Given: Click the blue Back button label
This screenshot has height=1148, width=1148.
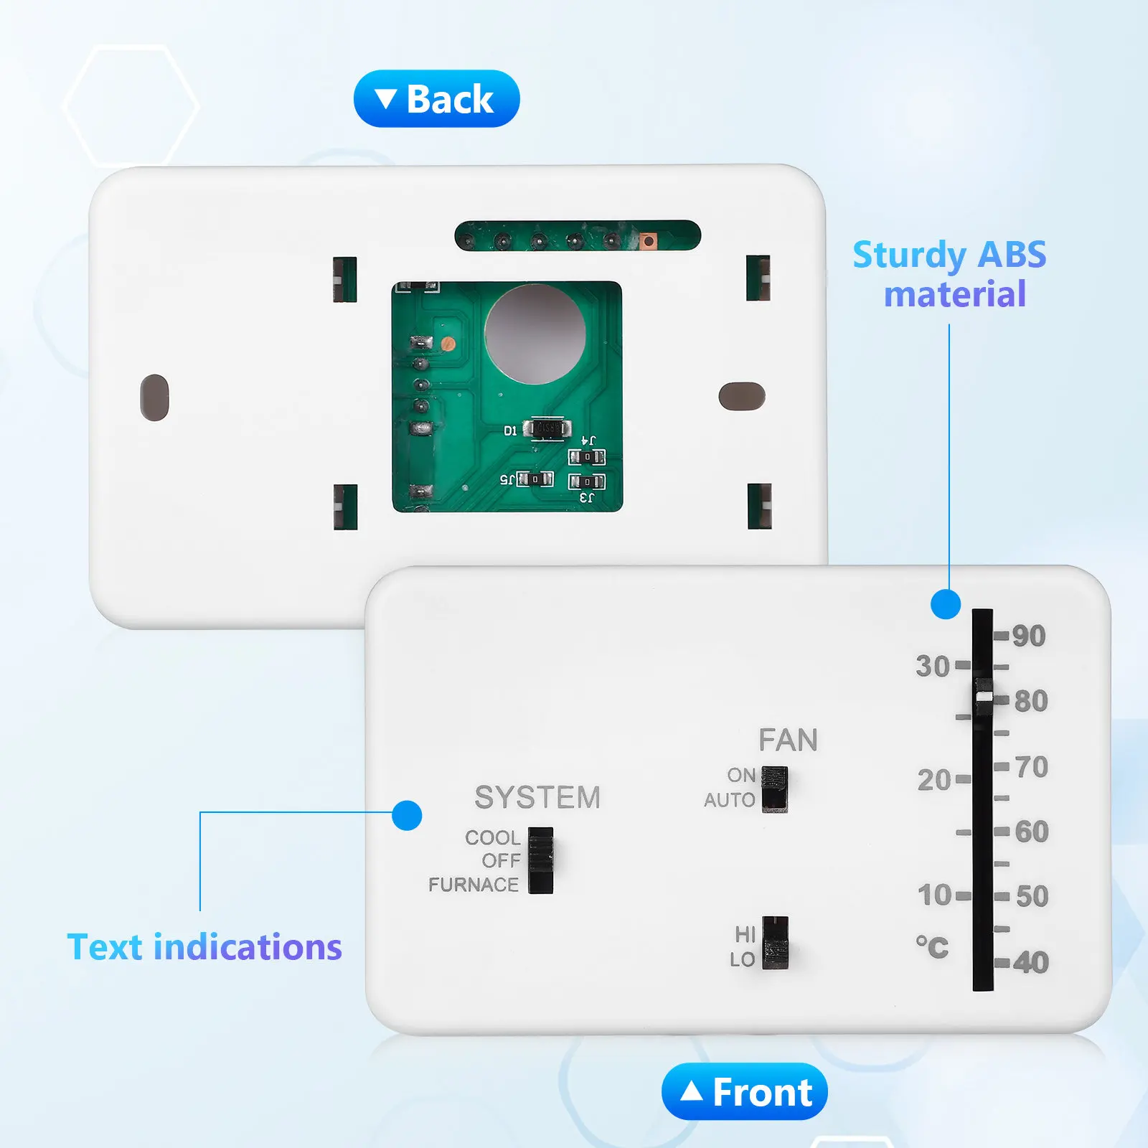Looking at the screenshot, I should (436, 99).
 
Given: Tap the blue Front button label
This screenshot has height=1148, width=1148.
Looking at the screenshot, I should (745, 1092).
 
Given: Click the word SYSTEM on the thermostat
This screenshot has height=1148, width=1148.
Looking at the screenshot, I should (537, 797).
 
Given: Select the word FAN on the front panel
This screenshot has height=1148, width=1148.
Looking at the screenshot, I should (788, 740).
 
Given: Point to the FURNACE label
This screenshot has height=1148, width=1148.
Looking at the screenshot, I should (474, 885).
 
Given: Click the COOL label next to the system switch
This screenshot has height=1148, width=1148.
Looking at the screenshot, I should (492, 837).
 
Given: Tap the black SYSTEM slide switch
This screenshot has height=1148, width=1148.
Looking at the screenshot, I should (541, 860).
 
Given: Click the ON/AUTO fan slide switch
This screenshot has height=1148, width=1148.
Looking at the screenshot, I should (774, 789).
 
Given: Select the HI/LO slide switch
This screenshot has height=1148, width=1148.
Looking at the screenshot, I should (775, 943).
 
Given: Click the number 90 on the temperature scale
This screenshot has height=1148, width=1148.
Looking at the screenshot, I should (1029, 636).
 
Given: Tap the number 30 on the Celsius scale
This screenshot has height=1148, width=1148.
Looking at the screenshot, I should (933, 666).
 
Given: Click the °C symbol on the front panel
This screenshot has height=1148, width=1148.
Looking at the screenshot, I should (932, 946).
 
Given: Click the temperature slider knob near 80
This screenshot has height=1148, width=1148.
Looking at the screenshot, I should (984, 696).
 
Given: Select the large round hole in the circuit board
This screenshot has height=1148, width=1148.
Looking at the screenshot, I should (535, 334).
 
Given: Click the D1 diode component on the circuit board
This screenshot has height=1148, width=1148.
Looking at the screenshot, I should (547, 429).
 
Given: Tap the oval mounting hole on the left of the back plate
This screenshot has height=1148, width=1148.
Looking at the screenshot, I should (154, 397).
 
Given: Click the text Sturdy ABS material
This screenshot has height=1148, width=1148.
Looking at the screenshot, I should (950, 274).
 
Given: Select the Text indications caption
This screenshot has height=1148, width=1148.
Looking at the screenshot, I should (204, 946).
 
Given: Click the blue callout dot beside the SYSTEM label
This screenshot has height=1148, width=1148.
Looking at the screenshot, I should (407, 815).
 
